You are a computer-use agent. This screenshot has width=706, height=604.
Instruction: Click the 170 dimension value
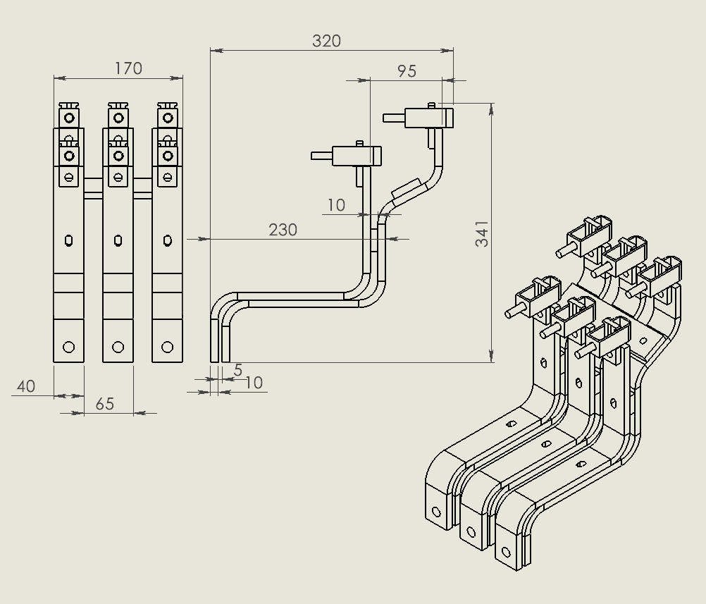click(128, 68)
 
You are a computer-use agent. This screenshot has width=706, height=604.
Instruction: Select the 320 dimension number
click(326, 41)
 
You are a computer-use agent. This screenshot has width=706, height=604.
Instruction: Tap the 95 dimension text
click(407, 71)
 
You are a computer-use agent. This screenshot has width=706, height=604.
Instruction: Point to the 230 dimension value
click(283, 230)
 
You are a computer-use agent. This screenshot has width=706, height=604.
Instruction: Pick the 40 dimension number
click(25, 386)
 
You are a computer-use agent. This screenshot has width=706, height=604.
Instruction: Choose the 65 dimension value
click(104, 404)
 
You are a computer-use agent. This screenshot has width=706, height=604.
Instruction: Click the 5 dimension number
click(237, 370)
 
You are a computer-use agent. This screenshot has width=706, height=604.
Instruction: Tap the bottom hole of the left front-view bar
click(68, 347)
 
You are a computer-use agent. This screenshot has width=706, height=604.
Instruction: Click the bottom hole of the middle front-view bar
click(118, 347)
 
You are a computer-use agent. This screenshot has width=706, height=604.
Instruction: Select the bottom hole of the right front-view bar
click(167, 347)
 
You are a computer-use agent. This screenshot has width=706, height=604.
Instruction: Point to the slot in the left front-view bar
click(68, 240)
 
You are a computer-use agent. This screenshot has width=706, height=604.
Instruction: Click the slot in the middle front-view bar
click(118, 240)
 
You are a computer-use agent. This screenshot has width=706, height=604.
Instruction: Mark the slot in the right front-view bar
click(167, 240)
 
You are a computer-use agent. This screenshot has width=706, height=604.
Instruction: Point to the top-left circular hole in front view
click(69, 118)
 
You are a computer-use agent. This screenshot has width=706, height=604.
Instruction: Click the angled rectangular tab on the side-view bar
click(407, 190)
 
